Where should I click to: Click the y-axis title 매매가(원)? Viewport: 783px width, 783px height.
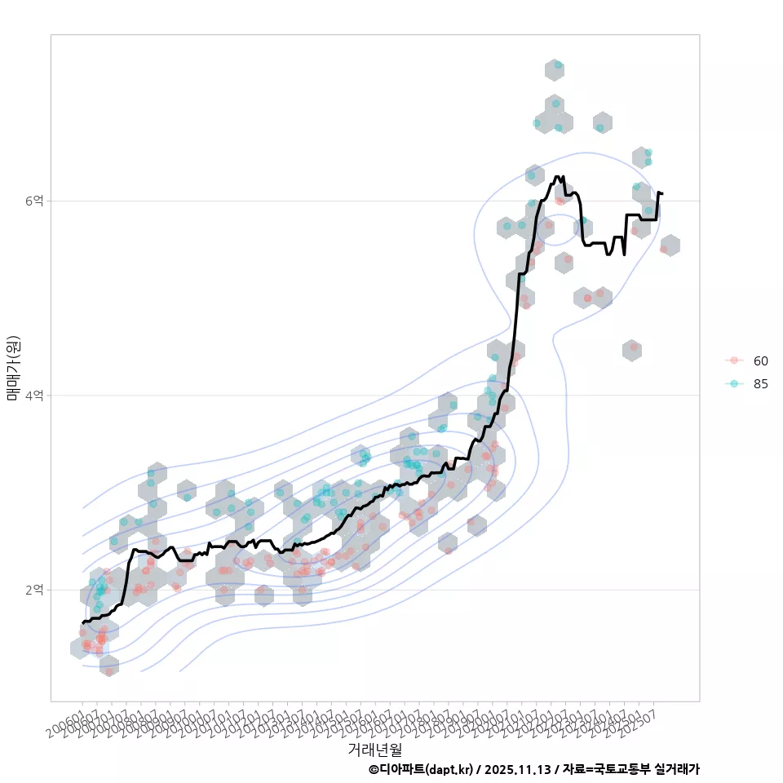click(14, 368)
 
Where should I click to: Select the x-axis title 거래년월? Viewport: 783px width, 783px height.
click(374, 749)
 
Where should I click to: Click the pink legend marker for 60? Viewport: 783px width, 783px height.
click(734, 361)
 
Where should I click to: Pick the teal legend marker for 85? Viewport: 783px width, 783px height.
click(734, 384)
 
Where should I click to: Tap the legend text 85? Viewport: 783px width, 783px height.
click(760, 384)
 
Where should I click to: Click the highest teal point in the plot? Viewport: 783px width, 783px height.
click(558, 64)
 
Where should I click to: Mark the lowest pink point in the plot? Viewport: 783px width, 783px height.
click(108, 672)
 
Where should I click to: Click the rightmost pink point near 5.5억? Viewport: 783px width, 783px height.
click(664, 249)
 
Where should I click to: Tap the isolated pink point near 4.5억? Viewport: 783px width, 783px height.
click(634, 347)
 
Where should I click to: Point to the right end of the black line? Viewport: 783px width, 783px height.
click(662, 193)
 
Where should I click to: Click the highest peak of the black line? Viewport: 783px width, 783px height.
click(557, 176)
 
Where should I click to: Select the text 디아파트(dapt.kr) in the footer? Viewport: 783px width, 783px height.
click(426, 769)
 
